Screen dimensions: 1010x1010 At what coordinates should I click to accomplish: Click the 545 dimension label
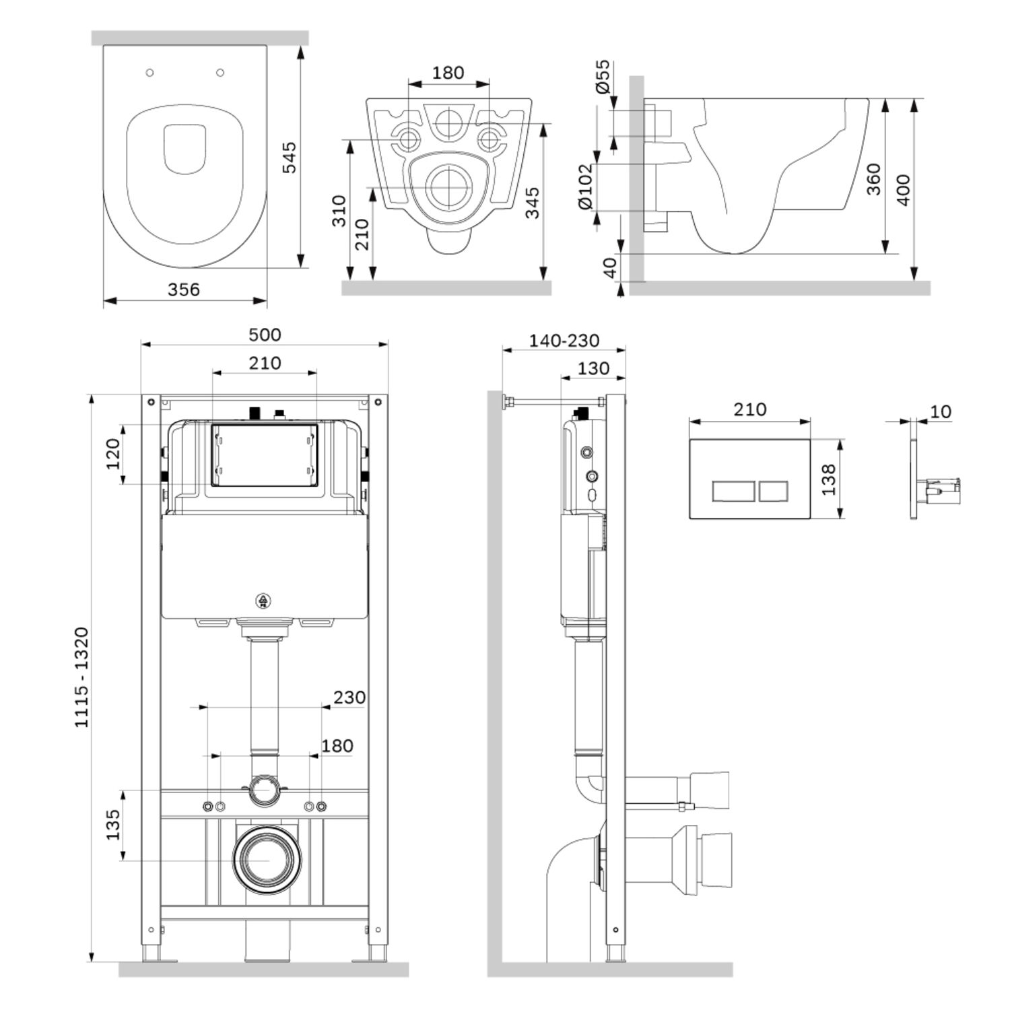coord(289,157)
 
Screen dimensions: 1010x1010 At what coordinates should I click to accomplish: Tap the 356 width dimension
coord(184,290)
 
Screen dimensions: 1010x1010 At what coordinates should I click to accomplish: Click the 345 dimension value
coord(532,203)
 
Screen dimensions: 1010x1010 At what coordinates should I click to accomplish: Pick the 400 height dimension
coord(903,190)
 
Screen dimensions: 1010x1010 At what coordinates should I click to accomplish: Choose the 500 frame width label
coord(265,335)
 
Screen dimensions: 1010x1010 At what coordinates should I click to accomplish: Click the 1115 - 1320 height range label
coord(81,677)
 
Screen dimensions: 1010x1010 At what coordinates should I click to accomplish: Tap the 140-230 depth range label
coord(564,341)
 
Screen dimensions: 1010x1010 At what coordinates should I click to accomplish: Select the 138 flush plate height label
coord(829,479)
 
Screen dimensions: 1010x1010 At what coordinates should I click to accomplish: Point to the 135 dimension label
coord(112,824)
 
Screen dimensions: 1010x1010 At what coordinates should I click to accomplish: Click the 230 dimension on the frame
coord(349,697)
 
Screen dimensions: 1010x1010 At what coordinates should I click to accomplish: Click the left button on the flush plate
coord(733,491)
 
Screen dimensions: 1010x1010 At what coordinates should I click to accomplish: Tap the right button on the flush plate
coord(773,491)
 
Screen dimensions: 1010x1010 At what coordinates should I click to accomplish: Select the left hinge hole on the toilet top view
coord(150,73)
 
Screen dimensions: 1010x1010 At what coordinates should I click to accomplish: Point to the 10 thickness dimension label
coord(941,411)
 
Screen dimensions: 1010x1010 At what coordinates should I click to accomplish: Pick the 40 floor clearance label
coord(609,267)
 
